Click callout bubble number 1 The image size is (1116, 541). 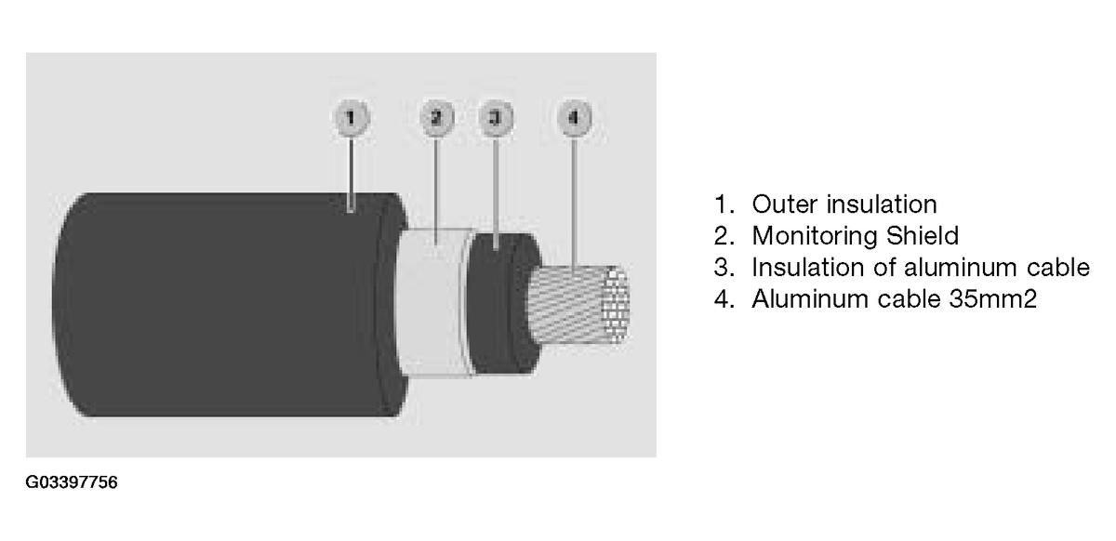coord(352,117)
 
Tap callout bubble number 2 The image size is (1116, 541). coord(437,117)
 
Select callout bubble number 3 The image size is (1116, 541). coord(496,117)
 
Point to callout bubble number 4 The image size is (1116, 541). coord(574,117)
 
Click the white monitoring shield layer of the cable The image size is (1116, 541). coord(432,302)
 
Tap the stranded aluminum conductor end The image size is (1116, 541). coord(578,304)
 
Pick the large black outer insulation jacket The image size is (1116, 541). coord(224,304)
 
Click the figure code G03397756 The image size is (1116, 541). coord(72,482)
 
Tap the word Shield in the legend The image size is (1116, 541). coord(923,235)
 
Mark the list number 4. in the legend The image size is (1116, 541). coord(724,299)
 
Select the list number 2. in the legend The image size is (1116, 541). coord(724,236)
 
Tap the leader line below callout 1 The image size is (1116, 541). coord(352,175)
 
